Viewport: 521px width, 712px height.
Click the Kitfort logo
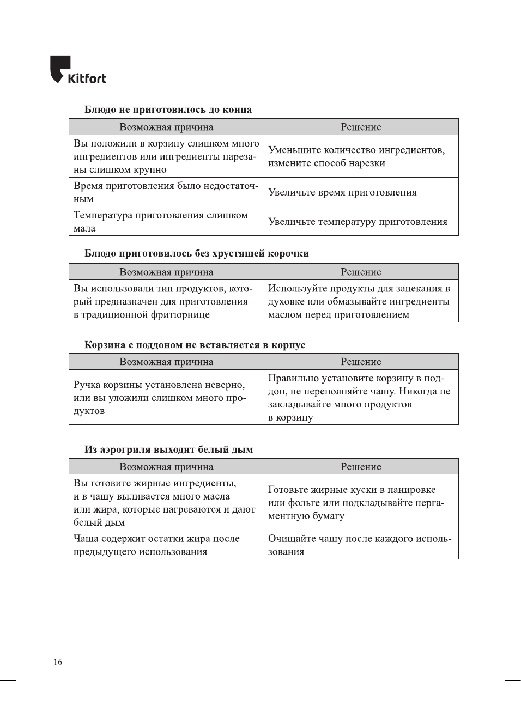coord(78,70)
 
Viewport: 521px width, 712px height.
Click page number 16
coord(58,662)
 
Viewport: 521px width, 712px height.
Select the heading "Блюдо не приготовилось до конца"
coord(168,109)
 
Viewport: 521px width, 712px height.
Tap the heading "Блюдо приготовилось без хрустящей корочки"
coord(196,253)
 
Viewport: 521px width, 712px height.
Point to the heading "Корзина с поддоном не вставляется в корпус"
coord(195,345)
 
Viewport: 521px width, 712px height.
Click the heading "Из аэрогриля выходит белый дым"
coord(168,449)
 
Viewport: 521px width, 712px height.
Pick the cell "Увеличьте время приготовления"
coord(342,192)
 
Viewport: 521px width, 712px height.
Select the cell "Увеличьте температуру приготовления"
coord(358,222)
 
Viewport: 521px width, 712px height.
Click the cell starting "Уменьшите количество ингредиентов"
coord(356,156)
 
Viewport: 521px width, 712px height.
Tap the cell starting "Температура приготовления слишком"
coord(161,222)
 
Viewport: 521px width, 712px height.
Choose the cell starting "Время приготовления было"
coord(166,192)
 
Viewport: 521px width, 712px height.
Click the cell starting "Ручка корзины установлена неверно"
coord(160,398)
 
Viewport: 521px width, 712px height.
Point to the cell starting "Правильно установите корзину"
coord(359,398)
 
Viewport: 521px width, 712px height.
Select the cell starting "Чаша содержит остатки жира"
coord(156,545)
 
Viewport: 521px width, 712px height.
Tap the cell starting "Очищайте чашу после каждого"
coord(359,545)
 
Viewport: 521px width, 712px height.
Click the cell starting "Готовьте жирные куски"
coord(356,502)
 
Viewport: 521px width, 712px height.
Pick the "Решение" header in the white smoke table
coord(361,467)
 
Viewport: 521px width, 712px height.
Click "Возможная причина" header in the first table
coord(166,127)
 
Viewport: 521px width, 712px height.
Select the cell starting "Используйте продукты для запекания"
coord(359,301)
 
